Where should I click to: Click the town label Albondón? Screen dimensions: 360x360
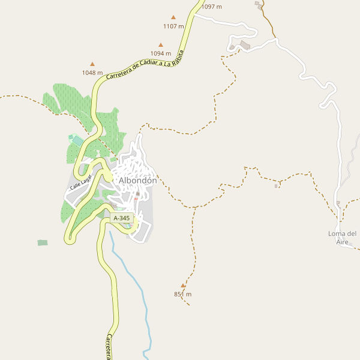coord(137,181)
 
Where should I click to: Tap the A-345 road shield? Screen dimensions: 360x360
coord(121,218)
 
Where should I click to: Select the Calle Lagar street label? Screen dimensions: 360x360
coord(80,185)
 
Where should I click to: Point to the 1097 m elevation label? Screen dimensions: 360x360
coord(211,7)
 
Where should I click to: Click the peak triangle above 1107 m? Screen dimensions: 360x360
coord(174,17)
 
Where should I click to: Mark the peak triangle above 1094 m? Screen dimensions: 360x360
coord(161,44)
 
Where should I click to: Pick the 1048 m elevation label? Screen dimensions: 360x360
coord(92,73)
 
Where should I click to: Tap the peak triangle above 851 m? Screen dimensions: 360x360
coord(183,286)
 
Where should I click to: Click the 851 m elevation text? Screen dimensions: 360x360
coord(182,294)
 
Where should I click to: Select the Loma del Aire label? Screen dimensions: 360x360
coord(343,238)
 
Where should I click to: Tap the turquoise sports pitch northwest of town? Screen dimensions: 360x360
coord(77,140)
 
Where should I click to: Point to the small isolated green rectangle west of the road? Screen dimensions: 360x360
coord(42,242)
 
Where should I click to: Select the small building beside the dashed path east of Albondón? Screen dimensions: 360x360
coord(276,186)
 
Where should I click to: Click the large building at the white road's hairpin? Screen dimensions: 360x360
coord(245,45)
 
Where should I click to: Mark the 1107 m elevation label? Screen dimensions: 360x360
coord(173,26)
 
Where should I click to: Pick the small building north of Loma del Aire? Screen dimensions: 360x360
coord(338,203)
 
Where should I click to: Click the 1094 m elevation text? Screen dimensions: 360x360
coord(161,53)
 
